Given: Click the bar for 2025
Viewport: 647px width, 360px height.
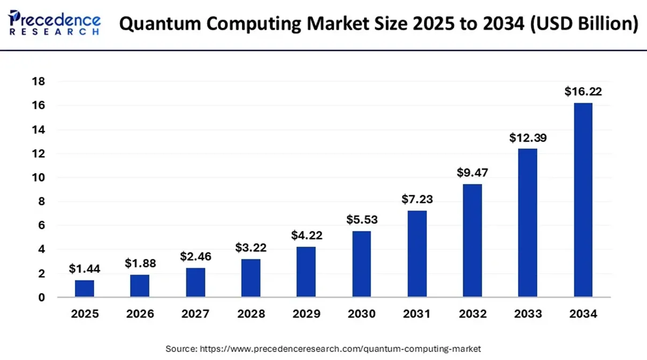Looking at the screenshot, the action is tap(85, 288).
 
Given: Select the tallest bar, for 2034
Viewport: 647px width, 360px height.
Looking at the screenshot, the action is tap(583, 200).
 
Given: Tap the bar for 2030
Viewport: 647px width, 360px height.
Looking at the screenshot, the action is tap(361, 264).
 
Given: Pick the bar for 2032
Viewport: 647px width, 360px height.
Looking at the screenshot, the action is tap(472, 241).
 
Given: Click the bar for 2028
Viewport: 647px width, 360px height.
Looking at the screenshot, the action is tap(250, 278).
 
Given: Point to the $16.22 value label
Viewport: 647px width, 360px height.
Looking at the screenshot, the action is tap(583, 91).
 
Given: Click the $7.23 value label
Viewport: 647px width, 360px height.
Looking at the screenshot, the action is tap(417, 199).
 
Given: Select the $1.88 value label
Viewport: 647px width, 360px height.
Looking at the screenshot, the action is tap(140, 263).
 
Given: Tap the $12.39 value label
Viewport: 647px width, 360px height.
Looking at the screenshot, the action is tap(528, 137).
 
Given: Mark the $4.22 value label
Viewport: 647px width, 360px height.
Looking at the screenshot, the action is tap(307, 235).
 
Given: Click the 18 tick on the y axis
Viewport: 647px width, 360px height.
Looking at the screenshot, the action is tap(39, 81).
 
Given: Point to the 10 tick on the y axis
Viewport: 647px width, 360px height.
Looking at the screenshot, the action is tap(39, 178).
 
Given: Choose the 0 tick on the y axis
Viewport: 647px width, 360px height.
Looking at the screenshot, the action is tap(42, 297).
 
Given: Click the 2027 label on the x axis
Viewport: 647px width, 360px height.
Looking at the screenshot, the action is tap(195, 314).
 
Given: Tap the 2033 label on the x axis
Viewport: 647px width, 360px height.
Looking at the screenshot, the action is tap(528, 314).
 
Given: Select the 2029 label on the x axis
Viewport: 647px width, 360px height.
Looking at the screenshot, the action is tap(307, 314).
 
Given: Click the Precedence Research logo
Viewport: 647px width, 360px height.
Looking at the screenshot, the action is tap(54, 22).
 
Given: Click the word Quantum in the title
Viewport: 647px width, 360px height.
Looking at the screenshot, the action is tap(160, 24).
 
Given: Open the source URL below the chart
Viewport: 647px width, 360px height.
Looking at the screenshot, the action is tap(340, 349).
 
